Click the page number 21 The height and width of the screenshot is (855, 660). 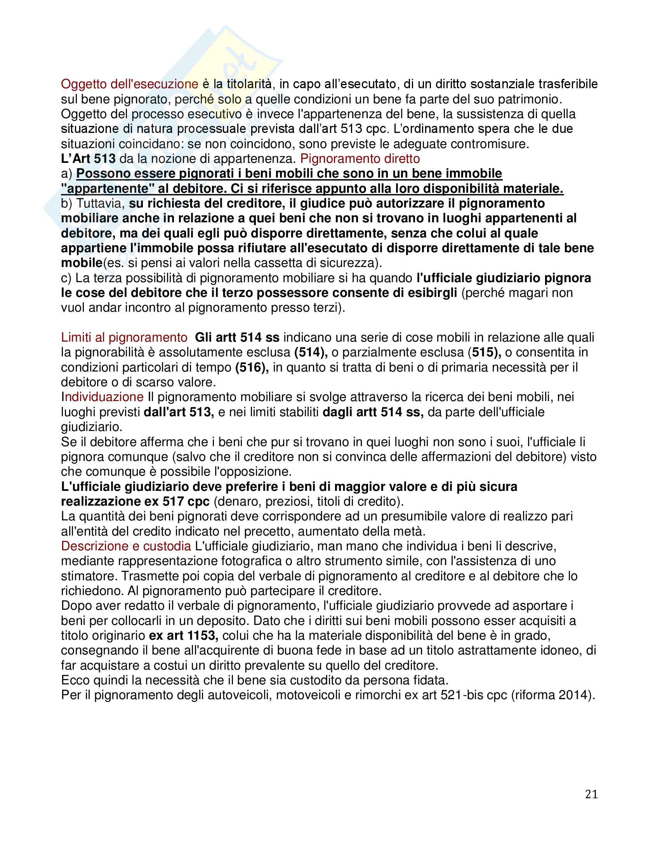click(x=591, y=794)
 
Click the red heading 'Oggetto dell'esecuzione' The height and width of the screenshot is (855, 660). click(x=129, y=84)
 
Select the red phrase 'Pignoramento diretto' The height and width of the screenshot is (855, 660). click(x=360, y=159)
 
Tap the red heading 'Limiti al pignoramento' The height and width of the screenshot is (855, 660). click(x=124, y=337)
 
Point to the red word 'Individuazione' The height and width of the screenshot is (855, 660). click(x=102, y=397)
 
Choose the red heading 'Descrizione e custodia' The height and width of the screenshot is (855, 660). click(x=126, y=546)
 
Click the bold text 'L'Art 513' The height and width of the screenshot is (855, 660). click(x=89, y=159)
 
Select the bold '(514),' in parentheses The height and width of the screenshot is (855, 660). click(x=311, y=352)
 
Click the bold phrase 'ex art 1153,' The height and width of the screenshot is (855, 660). click(x=183, y=635)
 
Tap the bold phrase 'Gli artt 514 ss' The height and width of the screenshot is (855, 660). click(x=237, y=337)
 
